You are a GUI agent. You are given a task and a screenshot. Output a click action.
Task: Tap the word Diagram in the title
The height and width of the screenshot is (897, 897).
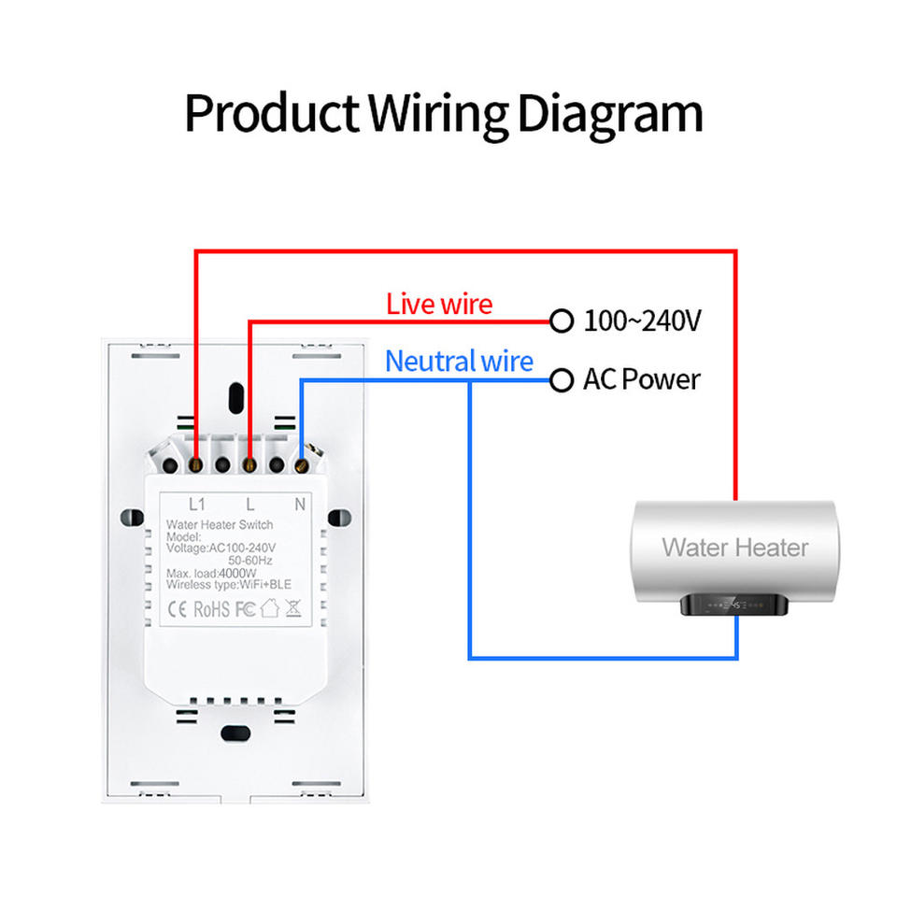pyautogui.click(x=609, y=114)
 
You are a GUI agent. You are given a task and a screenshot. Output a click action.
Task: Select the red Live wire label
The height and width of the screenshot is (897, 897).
pyautogui.click(x=438, y=304)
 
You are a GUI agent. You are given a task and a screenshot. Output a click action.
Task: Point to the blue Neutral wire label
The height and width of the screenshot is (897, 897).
pyautogui.click(x=459, y=362)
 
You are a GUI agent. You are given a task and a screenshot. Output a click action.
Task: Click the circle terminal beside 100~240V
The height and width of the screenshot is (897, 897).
pyautogui.click(x=561, y=321)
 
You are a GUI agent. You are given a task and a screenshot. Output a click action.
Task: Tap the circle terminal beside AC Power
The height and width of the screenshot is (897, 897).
pyautogui.click(x=561, y=380)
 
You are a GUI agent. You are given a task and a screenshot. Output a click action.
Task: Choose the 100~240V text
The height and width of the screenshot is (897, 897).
pyautogui.click(x=642, y=321)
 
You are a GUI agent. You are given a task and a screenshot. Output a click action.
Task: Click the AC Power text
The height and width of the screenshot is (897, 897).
pyautogui.click(x=641, y=380)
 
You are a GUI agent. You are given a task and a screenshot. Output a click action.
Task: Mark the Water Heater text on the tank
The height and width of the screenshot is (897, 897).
pyautogui.click(x=734, y=548)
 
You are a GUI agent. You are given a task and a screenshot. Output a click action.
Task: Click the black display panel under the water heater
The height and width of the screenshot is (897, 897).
pyautogui.click(x=733, y=605)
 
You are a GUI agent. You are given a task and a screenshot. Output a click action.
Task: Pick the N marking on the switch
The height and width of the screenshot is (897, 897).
pyautogui.click(x=300, y=505)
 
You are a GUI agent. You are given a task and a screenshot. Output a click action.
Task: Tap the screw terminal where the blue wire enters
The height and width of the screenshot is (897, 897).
pyautogui.click(x=301, y=462)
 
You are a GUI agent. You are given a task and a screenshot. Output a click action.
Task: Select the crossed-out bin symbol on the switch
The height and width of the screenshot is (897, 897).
pyautogui.click(x=292, y=609)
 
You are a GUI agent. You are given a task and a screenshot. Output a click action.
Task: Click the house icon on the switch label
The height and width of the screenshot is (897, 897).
pyautogui.click(x=269, y=609)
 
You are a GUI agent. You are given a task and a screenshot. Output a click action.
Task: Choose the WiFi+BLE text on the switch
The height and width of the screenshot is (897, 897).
pyautogui.click(x=266, y=585)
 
